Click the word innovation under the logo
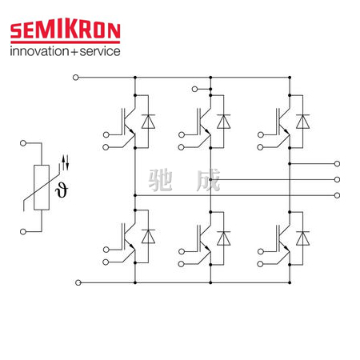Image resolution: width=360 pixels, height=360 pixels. pyautogui.click(x=39, y=51)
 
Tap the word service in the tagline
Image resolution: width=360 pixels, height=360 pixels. pyautogui.click(x=100, y=51)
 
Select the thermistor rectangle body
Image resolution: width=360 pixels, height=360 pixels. pyautogui.click(x=42, y=187)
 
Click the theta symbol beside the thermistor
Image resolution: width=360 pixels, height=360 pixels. pyautogui.click(x=62, y=190)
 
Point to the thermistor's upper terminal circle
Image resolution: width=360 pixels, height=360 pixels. pyautogui.click(x=23, y=143)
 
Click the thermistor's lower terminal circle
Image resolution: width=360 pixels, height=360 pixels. pyautogui.click(x=23, y=232)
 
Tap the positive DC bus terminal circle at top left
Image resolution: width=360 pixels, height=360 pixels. pyautogui.click(x=76, y=78)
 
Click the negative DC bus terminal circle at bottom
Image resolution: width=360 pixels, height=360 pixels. pyautogui.click(x=78, y=282)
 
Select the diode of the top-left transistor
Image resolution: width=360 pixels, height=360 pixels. pyautogui.click(x=148, y=122)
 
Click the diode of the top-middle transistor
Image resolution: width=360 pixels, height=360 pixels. pyautogui.click(x=224, y=122)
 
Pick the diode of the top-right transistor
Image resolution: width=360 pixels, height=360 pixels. pyautogui.click(x=302, y=122)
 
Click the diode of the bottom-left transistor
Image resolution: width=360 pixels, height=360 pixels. pyautogui.click(x=148, y=237)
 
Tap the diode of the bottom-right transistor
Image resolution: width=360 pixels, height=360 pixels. pyautogui.click(x=302, y=238)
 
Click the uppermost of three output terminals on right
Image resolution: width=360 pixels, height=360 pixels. pyautogui.click(x=337, y=164)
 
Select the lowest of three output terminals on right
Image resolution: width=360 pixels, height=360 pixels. pyautogui.click(x=337, y=195)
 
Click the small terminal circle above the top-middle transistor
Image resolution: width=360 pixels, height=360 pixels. pyautogui.click(x=195, y=89)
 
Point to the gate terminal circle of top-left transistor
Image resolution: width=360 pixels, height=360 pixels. pyautogui.click(x=106, y=134)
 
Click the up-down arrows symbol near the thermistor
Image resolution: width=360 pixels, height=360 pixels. pyautogui.click(x=66, y=162)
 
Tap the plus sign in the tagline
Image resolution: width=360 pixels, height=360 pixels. pyautogui.click(x=74, y=52)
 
